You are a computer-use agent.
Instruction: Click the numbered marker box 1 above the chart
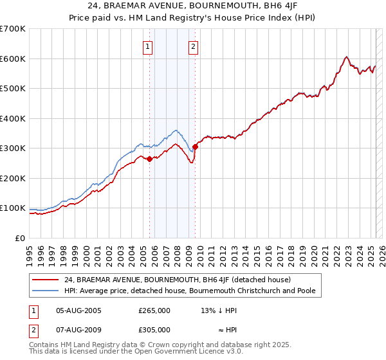tap(148, 46)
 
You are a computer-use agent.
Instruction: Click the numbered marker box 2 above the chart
tap(193, 46)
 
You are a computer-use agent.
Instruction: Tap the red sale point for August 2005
tap(149, 159)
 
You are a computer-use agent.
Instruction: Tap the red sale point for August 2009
tap(195, 147)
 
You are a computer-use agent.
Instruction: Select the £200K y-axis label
tap(13, 178)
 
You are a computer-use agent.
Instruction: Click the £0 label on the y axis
tap(21, 238)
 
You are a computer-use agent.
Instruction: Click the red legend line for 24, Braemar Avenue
tap(46, 280)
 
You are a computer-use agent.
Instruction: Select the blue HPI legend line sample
tap(46, 291)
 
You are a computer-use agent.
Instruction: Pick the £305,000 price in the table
tap(154, 329)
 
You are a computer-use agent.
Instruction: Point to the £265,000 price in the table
tap(154, 310)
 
